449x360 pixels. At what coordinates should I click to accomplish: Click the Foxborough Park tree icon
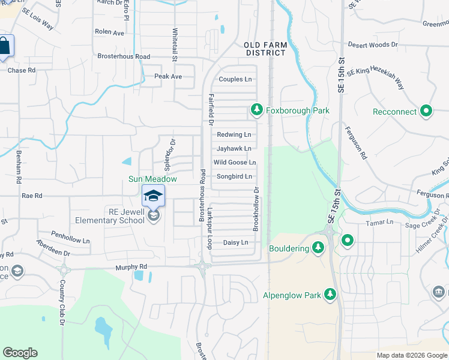tap(256, 110)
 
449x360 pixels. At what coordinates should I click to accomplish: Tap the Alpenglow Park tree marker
tap(330, 295)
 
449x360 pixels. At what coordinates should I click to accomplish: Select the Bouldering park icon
tap(318, 248)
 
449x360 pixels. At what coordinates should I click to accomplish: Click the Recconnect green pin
tap(427, 111)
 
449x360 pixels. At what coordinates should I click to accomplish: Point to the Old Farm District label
tap(265, 49)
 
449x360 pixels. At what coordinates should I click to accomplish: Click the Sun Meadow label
tap(152, 179)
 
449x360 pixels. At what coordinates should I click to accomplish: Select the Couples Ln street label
tap(235, 79)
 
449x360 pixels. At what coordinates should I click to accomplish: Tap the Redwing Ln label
tap(234, 135)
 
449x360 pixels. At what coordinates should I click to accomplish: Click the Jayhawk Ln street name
tap(234, 148)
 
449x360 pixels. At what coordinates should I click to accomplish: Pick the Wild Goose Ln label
tap(235, 163)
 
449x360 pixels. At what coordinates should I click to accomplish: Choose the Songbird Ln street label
tap(234, 176)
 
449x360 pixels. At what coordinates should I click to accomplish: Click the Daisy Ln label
tap(235, 242)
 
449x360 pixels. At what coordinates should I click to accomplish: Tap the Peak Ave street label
tap(168, 76)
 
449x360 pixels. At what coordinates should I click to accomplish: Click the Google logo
tap(20, 353)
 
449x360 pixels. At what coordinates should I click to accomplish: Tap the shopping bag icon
tap(4, 47)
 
